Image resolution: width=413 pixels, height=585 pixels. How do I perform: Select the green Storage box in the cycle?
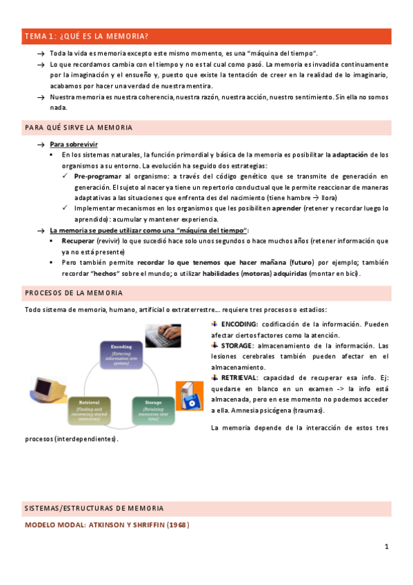[x=153, y=408]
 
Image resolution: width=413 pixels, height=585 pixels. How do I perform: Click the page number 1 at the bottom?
[x=387, y=546]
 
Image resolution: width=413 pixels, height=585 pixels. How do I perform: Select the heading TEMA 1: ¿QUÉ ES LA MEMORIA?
[x=86, y=36]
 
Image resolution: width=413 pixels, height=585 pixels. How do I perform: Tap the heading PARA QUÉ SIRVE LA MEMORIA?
[x=88, y=128]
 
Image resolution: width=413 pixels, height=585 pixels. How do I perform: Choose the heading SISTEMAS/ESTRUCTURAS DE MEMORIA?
[x=94, y=508]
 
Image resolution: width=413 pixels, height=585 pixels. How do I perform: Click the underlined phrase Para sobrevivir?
[x=74, y=144]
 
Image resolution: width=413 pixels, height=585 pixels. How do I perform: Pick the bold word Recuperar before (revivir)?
[x=77, y=241]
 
